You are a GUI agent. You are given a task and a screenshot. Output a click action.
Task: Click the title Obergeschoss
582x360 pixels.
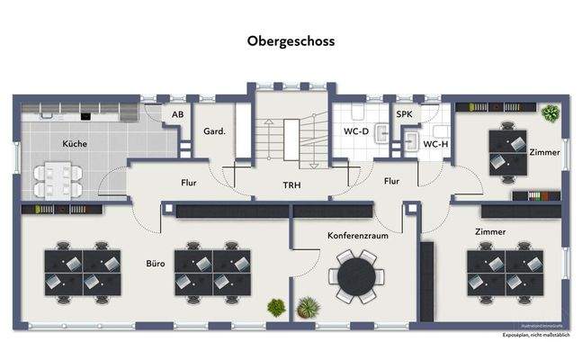(x=291, y=40)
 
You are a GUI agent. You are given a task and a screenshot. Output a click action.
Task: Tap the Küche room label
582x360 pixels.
(x=75, y=144)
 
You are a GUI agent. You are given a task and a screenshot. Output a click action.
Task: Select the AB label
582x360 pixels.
(x=177, y=115)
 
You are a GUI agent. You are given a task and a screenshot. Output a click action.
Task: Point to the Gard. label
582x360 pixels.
(x=214, y=130)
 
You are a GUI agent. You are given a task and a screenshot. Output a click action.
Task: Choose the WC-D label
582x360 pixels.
(x=356, y=130)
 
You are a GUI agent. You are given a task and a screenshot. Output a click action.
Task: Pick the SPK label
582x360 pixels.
(x=405, y=115)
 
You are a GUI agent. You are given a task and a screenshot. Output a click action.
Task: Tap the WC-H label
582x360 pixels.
(x=435, y=143)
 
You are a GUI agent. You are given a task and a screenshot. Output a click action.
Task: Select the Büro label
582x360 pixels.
(x=155, y=266)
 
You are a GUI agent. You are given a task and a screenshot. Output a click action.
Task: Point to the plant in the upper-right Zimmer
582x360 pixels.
(x=549, y=113)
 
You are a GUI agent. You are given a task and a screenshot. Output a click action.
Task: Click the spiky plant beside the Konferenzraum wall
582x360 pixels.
(x=307, y=308)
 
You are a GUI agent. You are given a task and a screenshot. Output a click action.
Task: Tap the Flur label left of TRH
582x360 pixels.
(x=188, y=183)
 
